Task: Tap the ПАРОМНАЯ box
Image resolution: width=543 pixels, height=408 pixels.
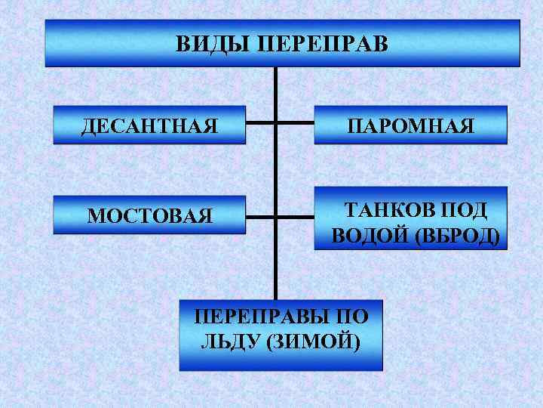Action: (x=411, y=124)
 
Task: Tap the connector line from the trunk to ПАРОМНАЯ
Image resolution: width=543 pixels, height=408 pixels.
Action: (x=295, y=122)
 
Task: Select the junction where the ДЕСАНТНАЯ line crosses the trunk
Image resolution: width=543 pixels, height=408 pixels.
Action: (x=277, y=122)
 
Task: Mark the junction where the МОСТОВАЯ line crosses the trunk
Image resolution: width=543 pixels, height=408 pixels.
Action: (x=277, y=218)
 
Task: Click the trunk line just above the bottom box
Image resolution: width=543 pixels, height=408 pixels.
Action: (x=277, y=287)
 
